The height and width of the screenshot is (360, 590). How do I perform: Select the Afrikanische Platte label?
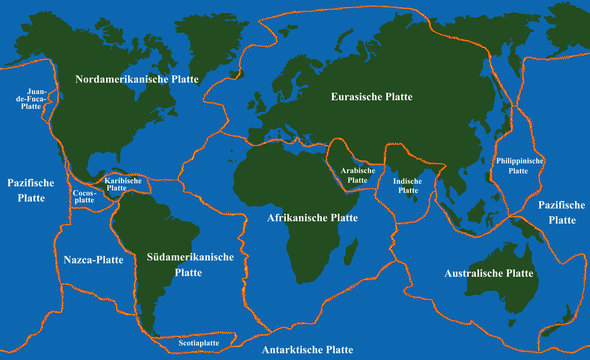tap(312, 217)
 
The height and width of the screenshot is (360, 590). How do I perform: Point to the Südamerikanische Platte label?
tap(189, 264)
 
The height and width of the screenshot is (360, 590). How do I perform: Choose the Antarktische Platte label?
tap(306, 350)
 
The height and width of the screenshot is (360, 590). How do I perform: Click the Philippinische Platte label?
tap(518, 165)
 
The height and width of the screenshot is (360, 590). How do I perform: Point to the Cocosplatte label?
tap(84, 196)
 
